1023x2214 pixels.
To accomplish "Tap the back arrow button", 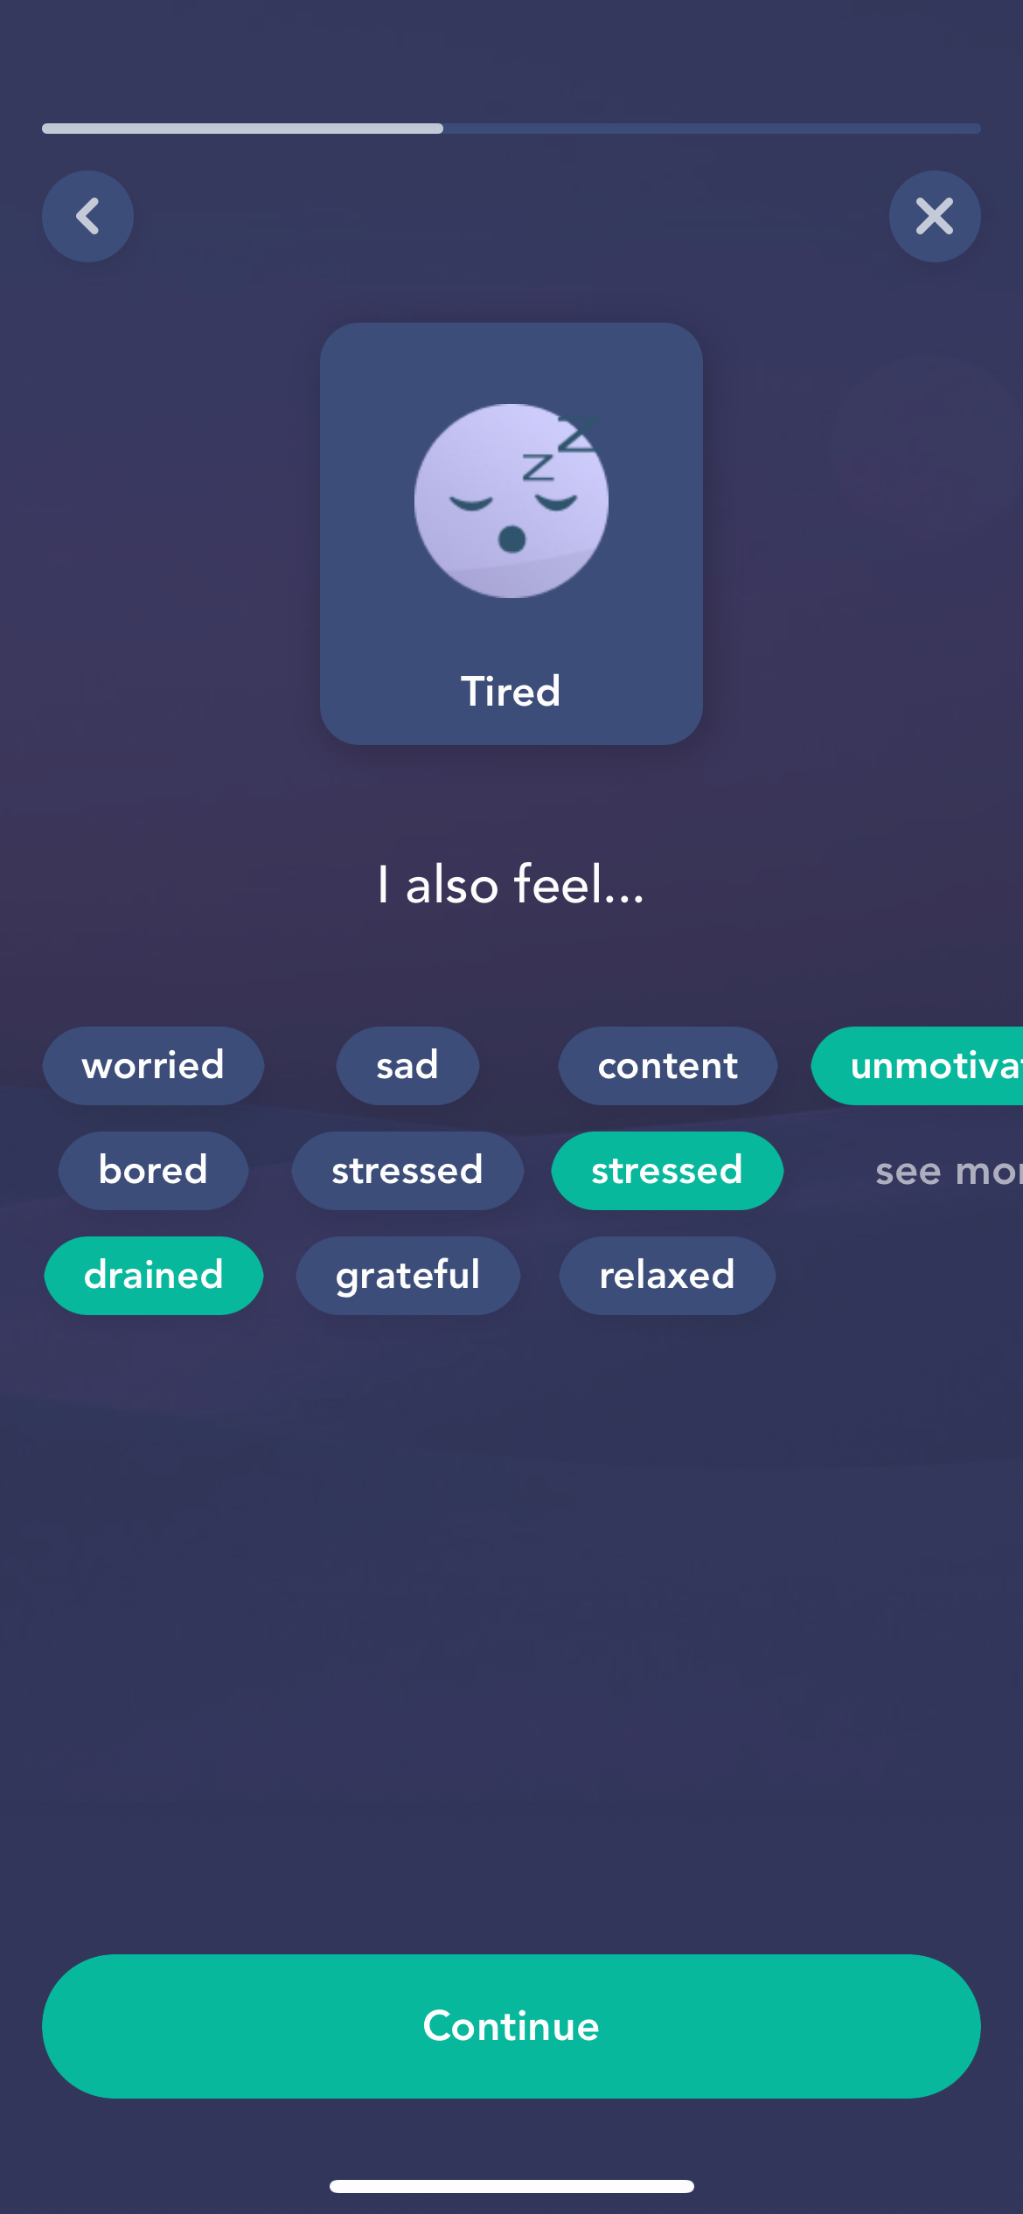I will coord(87,216).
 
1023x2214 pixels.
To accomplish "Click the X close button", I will coord(934,216).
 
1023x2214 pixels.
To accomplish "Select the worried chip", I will coord(153,1065).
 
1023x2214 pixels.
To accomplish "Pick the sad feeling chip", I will coord(407,1065).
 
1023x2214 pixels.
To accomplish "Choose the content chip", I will coord(667,1065).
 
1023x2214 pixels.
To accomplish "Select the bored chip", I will coord(153,1170).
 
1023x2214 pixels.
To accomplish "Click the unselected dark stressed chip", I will coord(407,1170).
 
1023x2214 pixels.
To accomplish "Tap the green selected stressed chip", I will coord(667,1170).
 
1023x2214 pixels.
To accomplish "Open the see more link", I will coord(944,1171).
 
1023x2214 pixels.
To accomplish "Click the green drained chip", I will coord(153,1275).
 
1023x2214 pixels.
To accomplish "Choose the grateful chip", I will coord(407,1275).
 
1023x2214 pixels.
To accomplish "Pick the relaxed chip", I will coord(667,1275).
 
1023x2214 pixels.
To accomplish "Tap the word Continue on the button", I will coord(511,2026).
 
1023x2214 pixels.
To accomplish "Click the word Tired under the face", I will coord(511,691).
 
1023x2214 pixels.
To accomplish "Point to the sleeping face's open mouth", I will coord(511,539).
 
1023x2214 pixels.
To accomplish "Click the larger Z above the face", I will coord(576,435).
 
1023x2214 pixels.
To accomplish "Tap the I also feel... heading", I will coord(511,884).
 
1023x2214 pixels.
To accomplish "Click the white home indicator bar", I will coord(511,2186).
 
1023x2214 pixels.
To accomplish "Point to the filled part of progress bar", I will coord(242,129).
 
